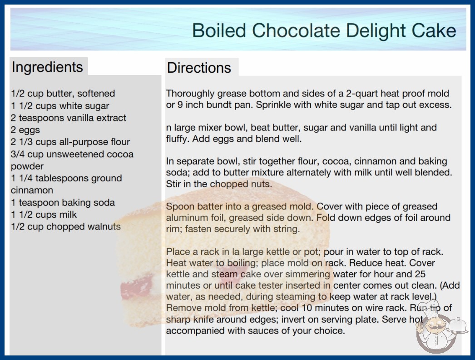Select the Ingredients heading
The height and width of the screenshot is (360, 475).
click(x=47, y=67)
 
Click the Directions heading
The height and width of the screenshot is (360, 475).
click(x=199, y=68)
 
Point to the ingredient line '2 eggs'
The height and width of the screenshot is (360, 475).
click(x=25, y=130)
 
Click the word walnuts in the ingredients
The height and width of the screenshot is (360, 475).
click(x=104, y=226)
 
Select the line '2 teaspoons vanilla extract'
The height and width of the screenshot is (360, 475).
click(x=69, y=118)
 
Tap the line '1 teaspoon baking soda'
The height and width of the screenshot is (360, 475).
click(x=63, y=202)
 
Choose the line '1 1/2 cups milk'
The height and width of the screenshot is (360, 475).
click(x=44, y=215)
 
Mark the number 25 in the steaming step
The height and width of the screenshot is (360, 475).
click(x=420, y=274)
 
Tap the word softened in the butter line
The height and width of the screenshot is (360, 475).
click(x=96, y=94)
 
